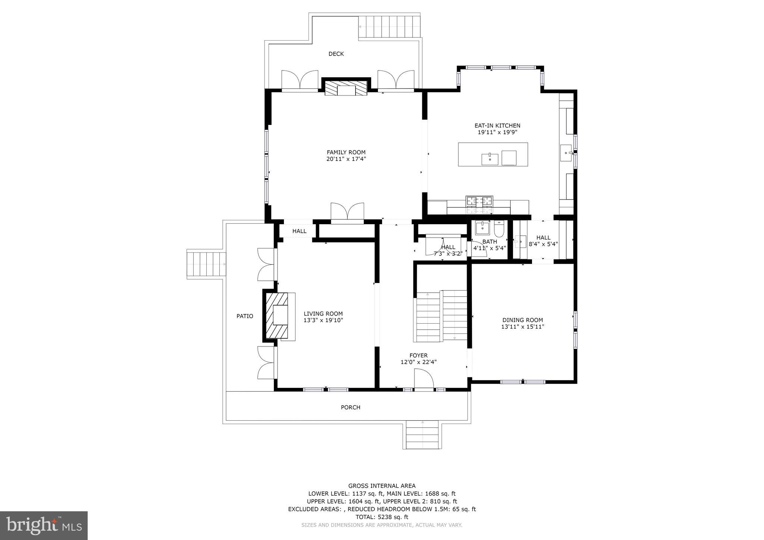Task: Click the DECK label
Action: pyautogui.click(x=336, y=54)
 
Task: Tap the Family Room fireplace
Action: pyautogui.click(x=346, y=88)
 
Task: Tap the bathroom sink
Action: pyautogui.click(x=482, y=227)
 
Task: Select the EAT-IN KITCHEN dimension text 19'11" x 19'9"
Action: pyautogui.click(x=497, y=132)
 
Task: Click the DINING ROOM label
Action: pyautogui.click(x=522, y=320)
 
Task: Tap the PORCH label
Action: pyautogui.click(x=350, y=407)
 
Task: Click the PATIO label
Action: pyautogui.click(x=245, y=316)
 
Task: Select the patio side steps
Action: pyautogui.click(x=206, y=264)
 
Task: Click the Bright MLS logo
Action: pyautogui.click(x=44, y=525)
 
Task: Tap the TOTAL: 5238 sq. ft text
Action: pyautogui.click(x=382, y=517)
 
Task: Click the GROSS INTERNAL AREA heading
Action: pyautogui.click(x=382, y=486)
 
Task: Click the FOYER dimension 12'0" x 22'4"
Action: pyautogui.click(x=418, y=362)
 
